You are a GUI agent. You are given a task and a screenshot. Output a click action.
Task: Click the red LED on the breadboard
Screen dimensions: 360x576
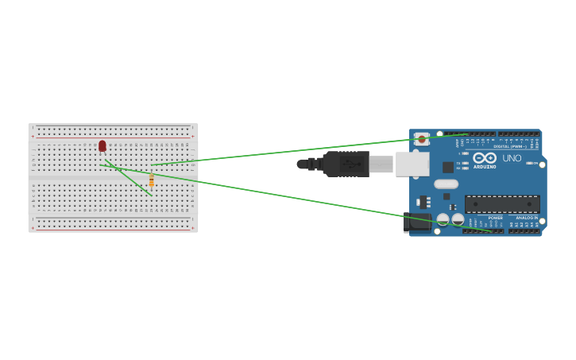pyautogui.click(x=102, y=145)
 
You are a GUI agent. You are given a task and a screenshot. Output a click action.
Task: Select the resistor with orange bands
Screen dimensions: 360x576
pyautogui.click(x=151, y=181)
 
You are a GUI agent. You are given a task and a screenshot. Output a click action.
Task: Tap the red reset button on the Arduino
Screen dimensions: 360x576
pyautogui.click(x=422, y=140)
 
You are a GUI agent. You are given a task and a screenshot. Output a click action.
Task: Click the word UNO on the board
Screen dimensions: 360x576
pyautogui.click(x=512, y=158)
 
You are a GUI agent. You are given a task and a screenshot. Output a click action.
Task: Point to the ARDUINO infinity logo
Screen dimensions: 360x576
pyautogui.click(x=484, y=158)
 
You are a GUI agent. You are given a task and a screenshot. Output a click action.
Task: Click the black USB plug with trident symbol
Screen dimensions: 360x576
pyautogui.click(x=346, y=164)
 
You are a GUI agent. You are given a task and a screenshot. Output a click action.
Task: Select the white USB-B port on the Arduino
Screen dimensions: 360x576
pyautogui.click(x=412, y=164)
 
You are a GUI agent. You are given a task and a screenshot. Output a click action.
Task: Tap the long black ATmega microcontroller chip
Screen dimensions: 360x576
pyautogui.click(x=502, y=204)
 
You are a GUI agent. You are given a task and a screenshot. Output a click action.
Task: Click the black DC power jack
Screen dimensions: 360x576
pyautogui.click(x=417, y=222)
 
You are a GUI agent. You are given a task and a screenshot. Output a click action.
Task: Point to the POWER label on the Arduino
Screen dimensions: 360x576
pyautogui.click(x=495, y=217)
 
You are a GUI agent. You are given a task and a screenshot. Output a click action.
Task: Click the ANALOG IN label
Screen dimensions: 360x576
pyautogui.click(x=525, y=217)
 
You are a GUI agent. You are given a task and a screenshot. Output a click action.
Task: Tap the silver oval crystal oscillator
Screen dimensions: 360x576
pyautogui.click(x=446, y=184)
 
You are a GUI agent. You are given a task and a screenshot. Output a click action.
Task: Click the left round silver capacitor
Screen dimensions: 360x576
pyautogui.click(x=443, y=219)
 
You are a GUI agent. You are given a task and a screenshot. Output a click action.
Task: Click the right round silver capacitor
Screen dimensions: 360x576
pyautogui.click(x=458, y=219)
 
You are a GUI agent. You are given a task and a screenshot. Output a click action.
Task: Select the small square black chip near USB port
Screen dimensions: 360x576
pyautogui.click(x=448, y=167)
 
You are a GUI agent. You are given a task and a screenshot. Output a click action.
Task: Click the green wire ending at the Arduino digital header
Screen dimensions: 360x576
pyautogui.click(x=318, y=149)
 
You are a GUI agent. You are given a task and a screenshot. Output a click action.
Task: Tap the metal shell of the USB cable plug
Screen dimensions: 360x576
pyautogui.click(x=381, y=164)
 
